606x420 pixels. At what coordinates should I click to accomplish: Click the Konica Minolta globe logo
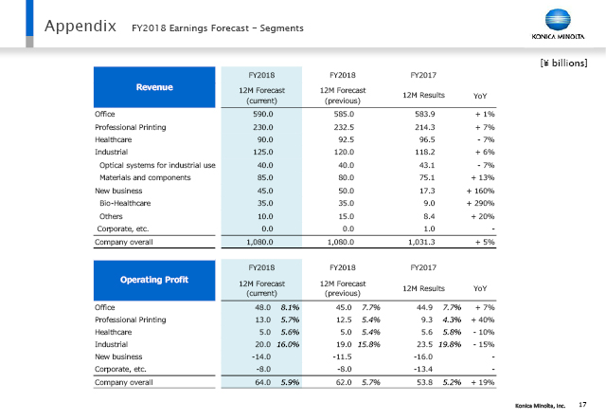pos(558,19)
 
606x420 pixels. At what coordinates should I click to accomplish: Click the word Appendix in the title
pos(80,27)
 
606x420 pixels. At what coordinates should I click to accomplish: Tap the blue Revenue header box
pos(154,87)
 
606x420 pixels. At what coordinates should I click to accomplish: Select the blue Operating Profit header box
pos(154,280)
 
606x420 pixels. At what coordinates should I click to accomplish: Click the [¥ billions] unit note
pos(564,63)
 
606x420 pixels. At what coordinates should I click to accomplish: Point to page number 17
pos(582,405)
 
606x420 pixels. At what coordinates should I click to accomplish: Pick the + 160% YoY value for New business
pos(480,191)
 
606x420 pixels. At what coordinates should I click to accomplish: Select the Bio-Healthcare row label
pos(125,203)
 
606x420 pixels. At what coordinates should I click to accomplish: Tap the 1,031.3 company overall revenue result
pos(421,242)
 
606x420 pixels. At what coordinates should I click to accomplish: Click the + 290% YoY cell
pos(480,203)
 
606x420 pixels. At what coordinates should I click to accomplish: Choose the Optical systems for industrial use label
pos(157,165)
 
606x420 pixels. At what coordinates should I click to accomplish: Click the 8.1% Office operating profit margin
pos(291,307)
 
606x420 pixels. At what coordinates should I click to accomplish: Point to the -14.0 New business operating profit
pos(261,356)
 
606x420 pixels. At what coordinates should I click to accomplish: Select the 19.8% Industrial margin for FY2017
pos(450,344)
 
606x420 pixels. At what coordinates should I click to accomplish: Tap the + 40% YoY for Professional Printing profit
pos(483,320)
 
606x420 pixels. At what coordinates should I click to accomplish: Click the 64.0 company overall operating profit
pos(263,382)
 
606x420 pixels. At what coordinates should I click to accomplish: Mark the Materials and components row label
pos(145,177)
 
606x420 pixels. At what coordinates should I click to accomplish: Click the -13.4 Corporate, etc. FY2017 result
pos(423,370)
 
